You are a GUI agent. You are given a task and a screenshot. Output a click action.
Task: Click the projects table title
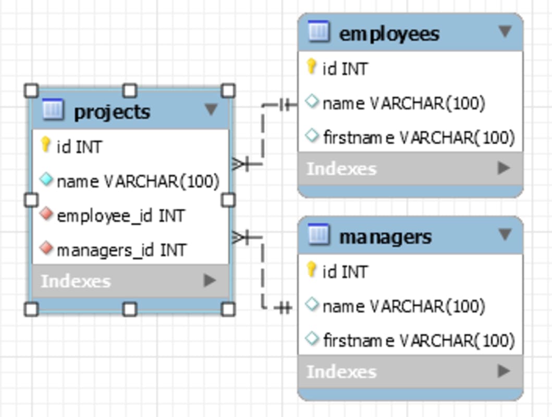coord(112,111)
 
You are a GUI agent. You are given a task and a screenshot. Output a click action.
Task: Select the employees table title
coord(389,34)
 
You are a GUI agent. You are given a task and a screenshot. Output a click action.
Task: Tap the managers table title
coord(385,237)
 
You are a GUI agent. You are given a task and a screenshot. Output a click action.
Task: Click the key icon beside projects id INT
coord(46,145)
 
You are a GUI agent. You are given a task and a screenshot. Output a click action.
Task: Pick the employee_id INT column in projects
coord(120,216)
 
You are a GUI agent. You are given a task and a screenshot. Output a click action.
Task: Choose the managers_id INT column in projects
coord(121,250)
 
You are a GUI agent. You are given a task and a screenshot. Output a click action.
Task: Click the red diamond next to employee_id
coord(46,214)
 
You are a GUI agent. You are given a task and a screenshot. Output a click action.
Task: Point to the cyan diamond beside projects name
coord(46,180)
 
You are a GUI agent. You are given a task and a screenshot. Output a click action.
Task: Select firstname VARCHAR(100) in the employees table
coord(419,137)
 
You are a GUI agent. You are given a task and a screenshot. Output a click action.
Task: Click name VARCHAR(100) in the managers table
coord(403,306)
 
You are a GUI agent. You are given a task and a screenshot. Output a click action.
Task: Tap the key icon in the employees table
coord(311,67)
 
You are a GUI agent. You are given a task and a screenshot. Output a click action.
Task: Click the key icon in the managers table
coord(311,270)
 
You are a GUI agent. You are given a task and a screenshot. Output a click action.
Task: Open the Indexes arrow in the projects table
coord(210,281)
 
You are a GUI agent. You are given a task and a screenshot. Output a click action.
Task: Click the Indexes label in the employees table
coord(341,169)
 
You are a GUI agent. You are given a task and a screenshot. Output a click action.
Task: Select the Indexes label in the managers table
coord(341,372)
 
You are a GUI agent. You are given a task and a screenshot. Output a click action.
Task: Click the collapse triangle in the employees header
coord(505,32)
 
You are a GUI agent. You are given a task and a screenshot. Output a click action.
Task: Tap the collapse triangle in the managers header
coord(505,235)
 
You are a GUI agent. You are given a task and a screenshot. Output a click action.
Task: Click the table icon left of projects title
coord(52,110)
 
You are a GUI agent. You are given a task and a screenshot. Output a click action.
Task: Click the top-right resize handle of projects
coord(228,91)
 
